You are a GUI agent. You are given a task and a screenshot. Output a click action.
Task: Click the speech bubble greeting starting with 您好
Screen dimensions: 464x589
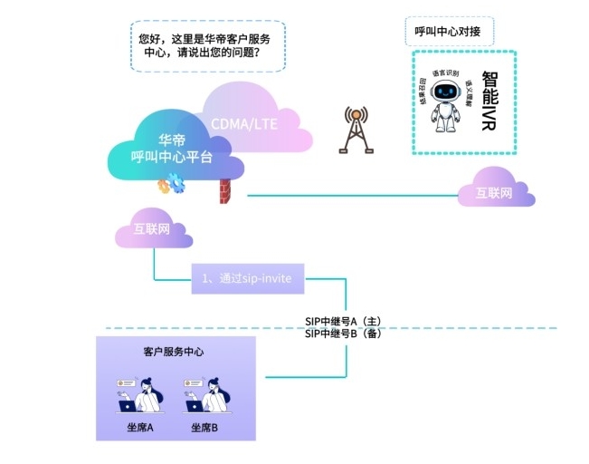click(x=207, y=46)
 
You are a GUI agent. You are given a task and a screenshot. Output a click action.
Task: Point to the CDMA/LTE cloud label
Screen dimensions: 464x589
click(x=243, y=122)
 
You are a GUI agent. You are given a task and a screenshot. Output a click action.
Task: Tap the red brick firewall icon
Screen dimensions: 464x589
click(x=224, y=192)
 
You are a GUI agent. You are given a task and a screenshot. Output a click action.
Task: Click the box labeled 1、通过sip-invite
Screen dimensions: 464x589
click(x=246, y=278)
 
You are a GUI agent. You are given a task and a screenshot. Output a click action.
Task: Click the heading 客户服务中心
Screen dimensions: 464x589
click(x=175, y=351)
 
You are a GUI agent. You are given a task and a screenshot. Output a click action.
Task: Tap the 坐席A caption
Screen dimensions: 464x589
click(x=139, y=427)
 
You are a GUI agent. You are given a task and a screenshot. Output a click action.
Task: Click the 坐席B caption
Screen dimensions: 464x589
click(x=204, y=427)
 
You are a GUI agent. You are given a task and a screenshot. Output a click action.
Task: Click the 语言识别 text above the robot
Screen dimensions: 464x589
click(x=444, y=72)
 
